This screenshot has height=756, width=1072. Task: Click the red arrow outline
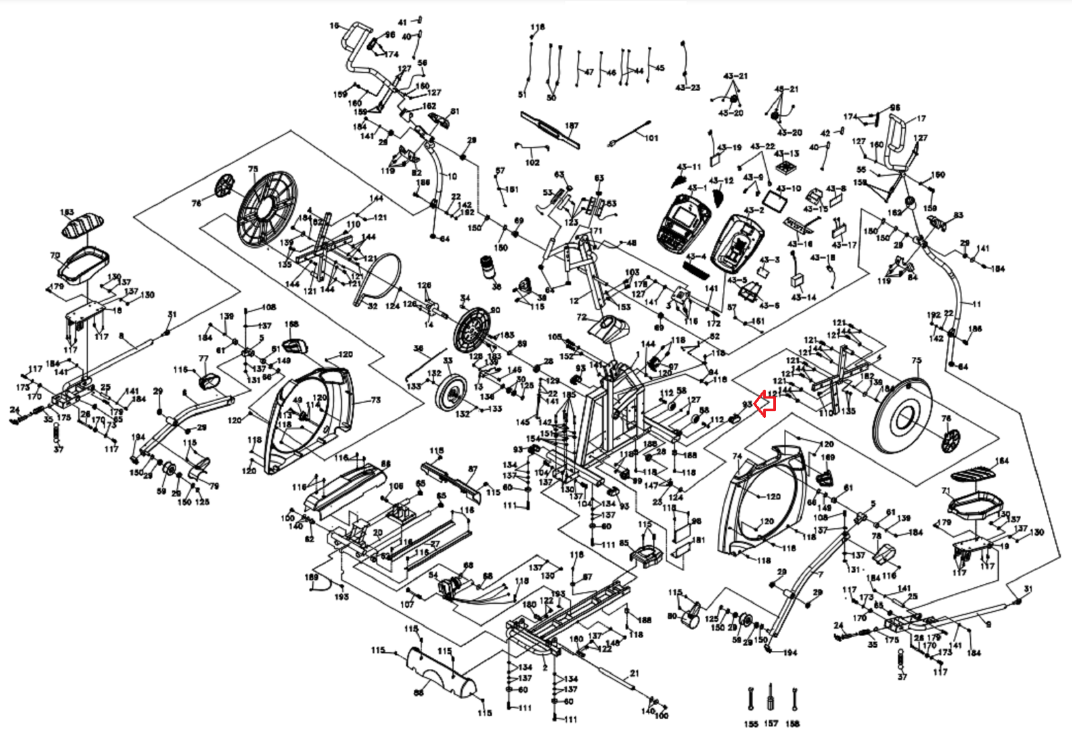[x=764, y=404]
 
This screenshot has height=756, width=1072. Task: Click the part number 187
[x=572, y=126]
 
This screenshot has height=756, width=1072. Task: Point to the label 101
[x=651, y=139]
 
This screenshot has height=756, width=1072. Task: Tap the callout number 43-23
[x=687, y=88]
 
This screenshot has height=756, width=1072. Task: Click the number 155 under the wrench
[x=751, y=725]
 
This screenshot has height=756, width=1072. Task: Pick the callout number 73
[x=375, y=400]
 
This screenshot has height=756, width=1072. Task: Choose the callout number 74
[x=738, y=457]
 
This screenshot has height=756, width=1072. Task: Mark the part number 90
[x=495, y=310]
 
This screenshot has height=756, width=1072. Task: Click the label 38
[x=496, y=287]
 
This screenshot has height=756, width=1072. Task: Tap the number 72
[x=581, y=317]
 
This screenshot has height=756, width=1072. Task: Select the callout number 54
[x=433, y=575]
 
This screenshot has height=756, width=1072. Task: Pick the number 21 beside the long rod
[x=634, y=674]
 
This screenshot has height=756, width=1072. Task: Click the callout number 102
[x=532, y=162]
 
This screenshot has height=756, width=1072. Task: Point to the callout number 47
[x=589, y=72]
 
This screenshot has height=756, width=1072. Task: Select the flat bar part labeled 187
[x=549, y=129]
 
